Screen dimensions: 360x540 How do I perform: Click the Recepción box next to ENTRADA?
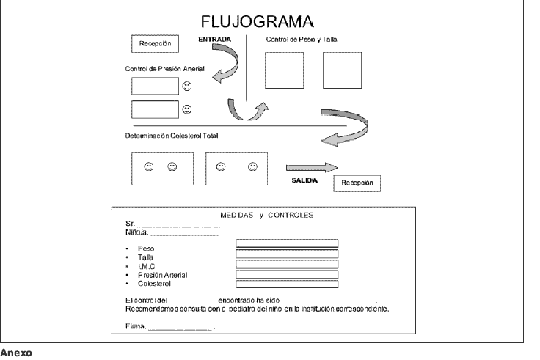click(155, 44)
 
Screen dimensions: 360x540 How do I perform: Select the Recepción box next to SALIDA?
click(356, 183)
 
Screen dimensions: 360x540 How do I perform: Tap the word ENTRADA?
click(215, 38)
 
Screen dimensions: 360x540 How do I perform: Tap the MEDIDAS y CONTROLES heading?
click(267, 215)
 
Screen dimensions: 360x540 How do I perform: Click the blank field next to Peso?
click(286, 242)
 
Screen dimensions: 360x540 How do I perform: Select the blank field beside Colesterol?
click(286, 283)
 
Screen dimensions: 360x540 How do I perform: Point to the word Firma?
click(136, 325)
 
